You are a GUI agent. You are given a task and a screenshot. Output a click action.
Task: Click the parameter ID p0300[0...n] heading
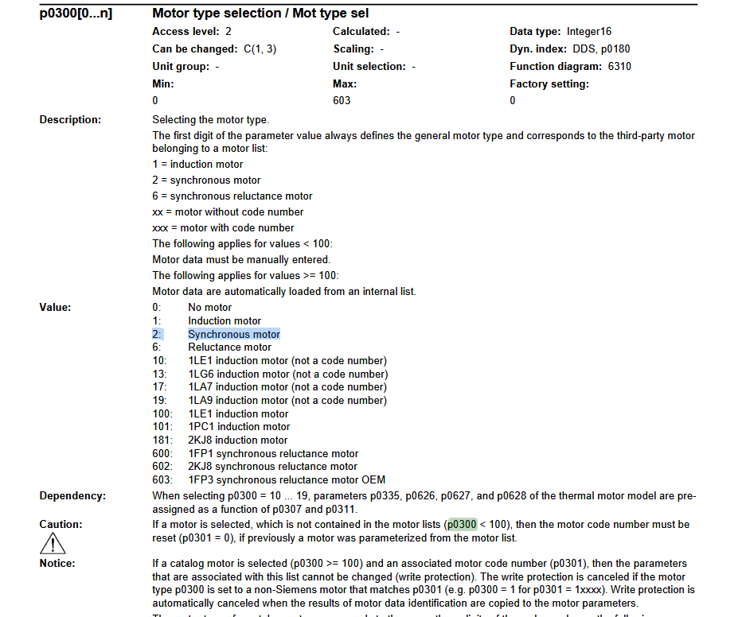click(x=76, y=14)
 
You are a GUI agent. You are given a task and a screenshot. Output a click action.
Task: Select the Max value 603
click(x=342, y=100)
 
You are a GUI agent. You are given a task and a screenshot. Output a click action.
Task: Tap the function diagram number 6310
click(x=619, y=66)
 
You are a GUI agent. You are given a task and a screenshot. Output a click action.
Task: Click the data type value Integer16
click(x=589, y=31)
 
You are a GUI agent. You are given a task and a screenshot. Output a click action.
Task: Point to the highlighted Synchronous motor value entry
click(x=234, y=334)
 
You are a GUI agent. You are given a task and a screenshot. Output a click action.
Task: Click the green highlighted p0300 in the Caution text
click(x=462, y=524)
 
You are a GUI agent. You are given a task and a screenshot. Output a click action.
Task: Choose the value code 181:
click(x=162, y=440)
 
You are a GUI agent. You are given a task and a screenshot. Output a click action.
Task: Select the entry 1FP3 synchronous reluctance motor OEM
click(x=287, y=479)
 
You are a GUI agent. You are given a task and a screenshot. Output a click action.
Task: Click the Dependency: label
click(x=72, y=495)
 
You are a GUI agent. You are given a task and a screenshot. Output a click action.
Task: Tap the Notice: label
click(x=57, y=563)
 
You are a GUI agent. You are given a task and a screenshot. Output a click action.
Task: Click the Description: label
click(x=70, y=119)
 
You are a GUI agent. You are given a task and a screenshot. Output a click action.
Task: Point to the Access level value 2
click(x=228, y=31)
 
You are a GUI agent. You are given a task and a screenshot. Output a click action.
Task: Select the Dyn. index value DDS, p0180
click(x=601, y=49)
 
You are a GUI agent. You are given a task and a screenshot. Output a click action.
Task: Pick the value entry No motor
click(x=210, y=307)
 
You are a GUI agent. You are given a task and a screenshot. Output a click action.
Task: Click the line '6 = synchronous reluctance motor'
click(x=232, y=196)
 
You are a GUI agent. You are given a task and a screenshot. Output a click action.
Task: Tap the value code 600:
click(x=162, y=453)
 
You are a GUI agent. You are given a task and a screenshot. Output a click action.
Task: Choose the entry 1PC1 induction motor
click(x=239, y=426)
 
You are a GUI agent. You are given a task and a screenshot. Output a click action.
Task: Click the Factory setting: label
click(x=549, y=83)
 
